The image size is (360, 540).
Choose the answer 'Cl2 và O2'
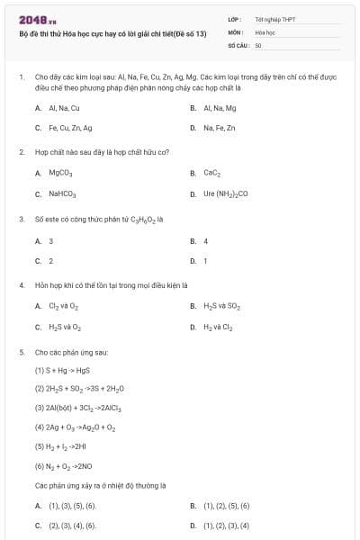(x=65, y=306)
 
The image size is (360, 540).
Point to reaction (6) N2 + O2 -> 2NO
(x=68, y=466)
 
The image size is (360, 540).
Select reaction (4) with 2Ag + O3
(x=75, y=427)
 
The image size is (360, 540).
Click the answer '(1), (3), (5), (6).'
(x=72, y=506)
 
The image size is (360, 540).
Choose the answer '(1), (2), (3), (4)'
(x=226, y=526)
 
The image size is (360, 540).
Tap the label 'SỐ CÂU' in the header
(x=238, y=43)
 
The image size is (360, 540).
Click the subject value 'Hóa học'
(x=265, y=31)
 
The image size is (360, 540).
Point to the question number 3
(x=22, y=218)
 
